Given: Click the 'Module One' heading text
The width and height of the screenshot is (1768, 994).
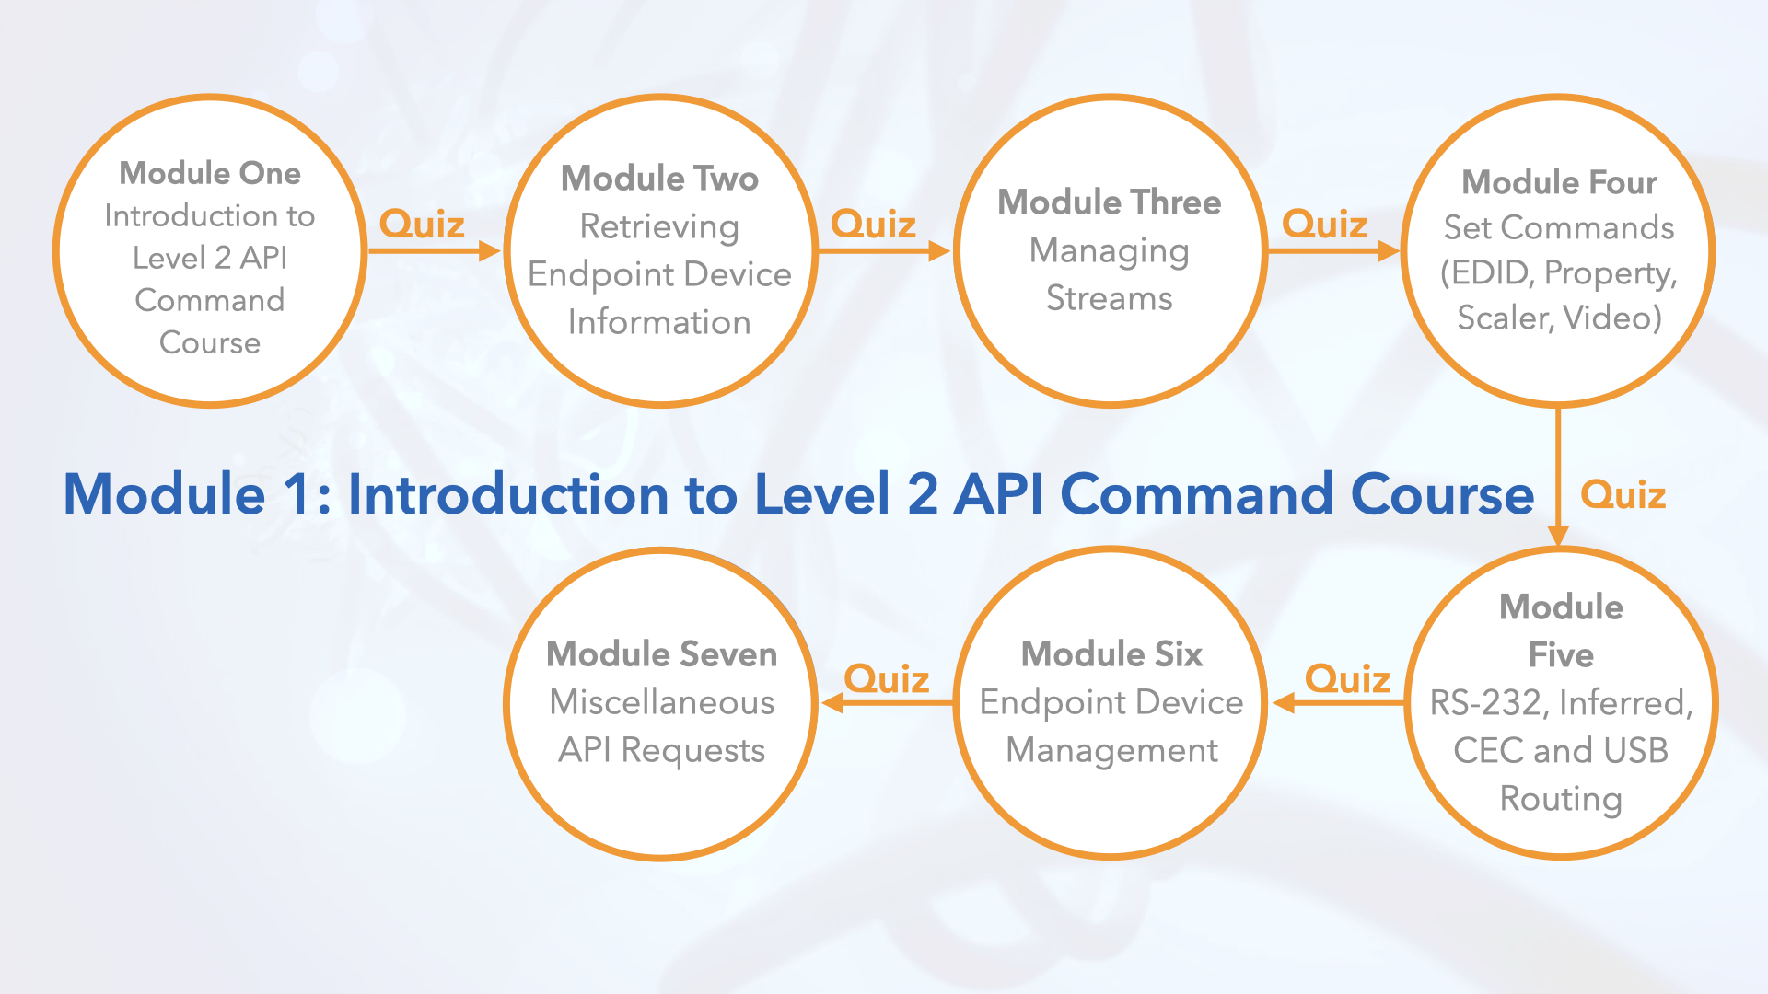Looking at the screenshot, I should (x=210, y=173).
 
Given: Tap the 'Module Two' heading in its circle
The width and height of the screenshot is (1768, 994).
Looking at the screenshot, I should (x=659, y=178).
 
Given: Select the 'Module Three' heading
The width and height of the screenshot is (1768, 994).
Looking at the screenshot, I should (x=1110, y=202).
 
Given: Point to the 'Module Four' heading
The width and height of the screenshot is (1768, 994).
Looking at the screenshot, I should (x=1559, y=182).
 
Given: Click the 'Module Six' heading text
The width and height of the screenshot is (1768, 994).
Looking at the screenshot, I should (x=1111, y=653).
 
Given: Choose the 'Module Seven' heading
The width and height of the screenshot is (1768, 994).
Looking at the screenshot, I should (x=661, y=653).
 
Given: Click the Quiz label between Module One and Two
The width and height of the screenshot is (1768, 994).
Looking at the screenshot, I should (x=422, y=224).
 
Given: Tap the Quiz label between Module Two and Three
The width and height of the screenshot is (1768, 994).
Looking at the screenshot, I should (x=873, y=224).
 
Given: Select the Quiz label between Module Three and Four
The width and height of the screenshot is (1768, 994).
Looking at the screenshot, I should (x=1324, y=224).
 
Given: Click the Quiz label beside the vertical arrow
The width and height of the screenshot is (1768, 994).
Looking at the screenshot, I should (x=1623, y=495).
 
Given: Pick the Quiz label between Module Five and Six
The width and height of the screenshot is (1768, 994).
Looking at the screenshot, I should (x=1347, y=679).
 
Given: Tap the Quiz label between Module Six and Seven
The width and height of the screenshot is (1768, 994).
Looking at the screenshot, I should (x=886, y=679).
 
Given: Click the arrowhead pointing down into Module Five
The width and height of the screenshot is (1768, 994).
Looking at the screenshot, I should (x=1558, y=536).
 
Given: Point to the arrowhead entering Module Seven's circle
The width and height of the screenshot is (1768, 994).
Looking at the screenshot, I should (x=832, y=703).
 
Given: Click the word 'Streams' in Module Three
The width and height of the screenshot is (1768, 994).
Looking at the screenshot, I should (x=1110, y=298).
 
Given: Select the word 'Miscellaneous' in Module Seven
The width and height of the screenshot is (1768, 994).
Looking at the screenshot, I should (x=661, y=702).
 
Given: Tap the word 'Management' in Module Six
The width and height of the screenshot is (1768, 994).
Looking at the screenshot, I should (x=1111, y=750).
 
